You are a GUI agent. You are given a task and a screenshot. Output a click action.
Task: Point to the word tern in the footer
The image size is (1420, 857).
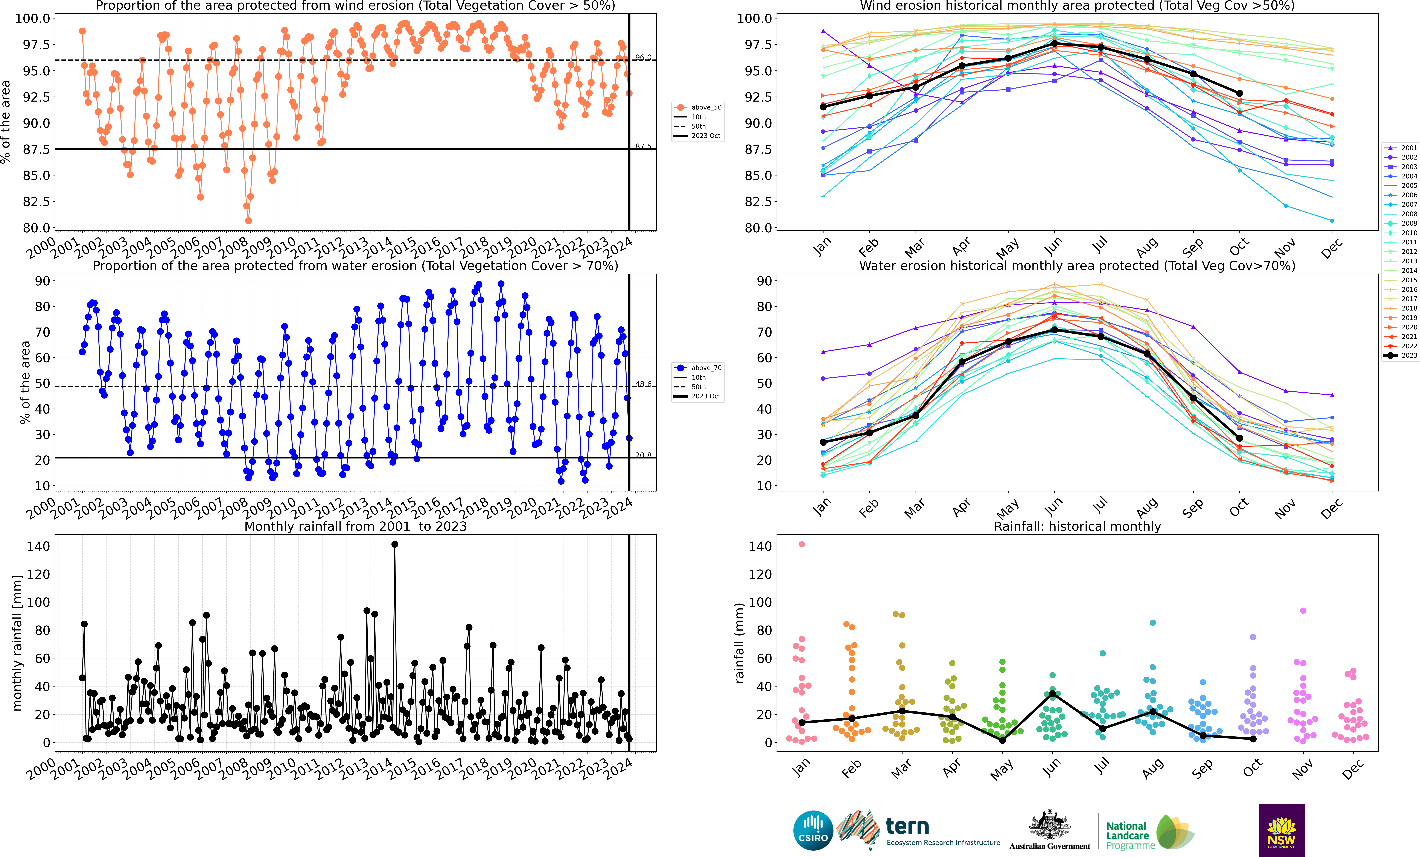(907, 827)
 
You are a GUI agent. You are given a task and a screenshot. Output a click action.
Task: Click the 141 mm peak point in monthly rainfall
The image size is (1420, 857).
(395, 544)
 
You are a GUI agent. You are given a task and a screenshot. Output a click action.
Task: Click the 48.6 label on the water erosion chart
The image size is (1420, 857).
(643, 384)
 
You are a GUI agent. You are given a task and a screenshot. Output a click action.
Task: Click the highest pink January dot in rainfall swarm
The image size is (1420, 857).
(802, 544)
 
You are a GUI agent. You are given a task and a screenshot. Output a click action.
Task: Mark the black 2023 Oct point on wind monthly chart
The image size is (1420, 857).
(1239, 93)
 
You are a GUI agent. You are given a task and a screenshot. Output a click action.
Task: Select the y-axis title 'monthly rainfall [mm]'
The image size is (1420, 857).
(17, 643)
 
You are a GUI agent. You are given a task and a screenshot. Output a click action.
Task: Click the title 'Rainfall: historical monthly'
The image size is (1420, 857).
(1077, 526)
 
